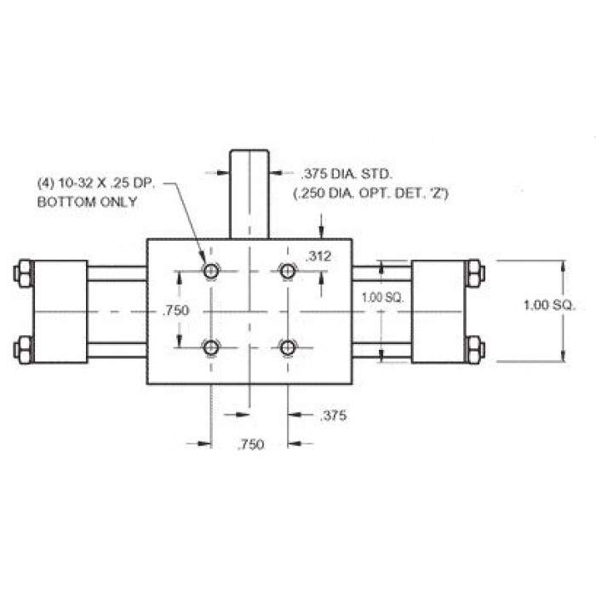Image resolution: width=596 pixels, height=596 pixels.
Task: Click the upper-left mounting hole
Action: [210, 272]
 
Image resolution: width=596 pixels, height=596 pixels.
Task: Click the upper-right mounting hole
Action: [288, 272]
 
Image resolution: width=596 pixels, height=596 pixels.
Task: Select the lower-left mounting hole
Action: [210, 347]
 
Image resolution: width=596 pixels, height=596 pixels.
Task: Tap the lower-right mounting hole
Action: [288, 347]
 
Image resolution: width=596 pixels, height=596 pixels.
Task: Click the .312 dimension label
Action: [318, 256]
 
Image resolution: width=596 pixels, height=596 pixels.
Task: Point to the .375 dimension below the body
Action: [334, 415]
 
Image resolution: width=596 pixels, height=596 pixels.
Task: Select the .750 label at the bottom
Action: [250, 444]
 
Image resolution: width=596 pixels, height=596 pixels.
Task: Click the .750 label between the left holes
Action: [175, 311]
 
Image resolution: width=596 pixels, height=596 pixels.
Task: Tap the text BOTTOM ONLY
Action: [87, 202]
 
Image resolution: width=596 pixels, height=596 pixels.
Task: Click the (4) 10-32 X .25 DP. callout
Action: [96, 184]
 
